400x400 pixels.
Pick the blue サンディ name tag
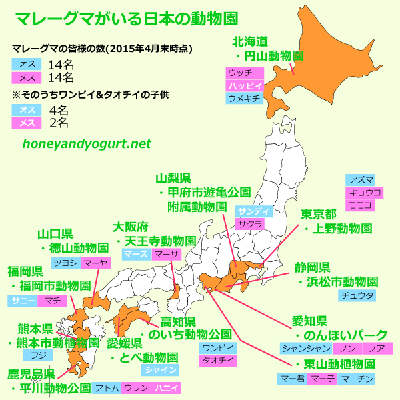(254, 211)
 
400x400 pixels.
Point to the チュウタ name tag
(358, 295)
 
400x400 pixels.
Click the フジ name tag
(39, 355)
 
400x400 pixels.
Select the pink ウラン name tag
(135, 387)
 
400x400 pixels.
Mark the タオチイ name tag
(217, 360)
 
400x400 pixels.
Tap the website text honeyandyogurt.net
(87, 143)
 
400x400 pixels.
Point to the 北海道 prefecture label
(249, 41)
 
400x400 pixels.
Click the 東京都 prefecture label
(317, 214)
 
